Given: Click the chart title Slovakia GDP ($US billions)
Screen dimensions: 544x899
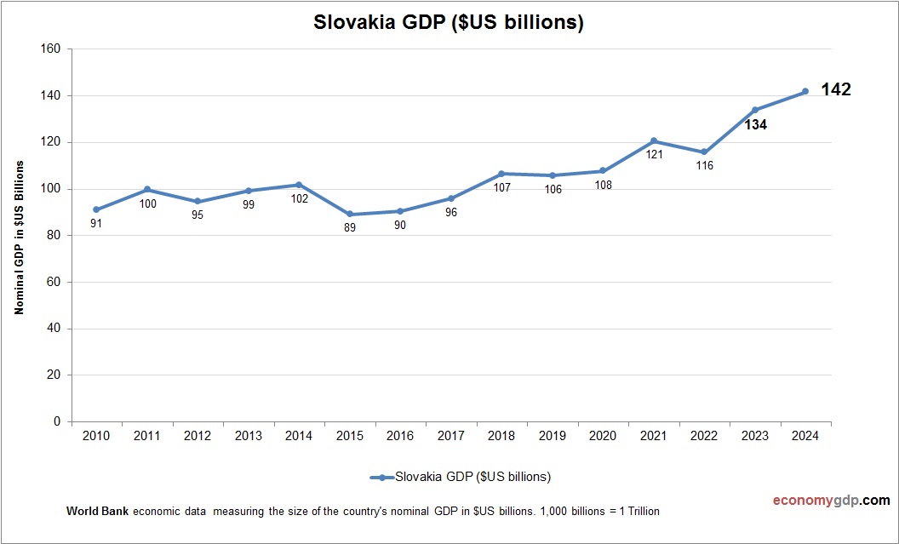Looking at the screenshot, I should (x=449, y=23).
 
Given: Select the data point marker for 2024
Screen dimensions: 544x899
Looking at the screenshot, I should (x=805, y=91).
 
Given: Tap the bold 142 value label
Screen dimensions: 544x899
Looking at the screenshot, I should (x=836, y=89).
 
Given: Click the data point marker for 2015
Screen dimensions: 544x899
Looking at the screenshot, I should (x=350, y=215).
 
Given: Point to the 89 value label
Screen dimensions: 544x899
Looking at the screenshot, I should (x=350, y=228).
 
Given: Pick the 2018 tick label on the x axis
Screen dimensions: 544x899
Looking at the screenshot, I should (x=501, y=436).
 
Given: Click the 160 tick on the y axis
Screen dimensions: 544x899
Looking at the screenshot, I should (x=51, y=49).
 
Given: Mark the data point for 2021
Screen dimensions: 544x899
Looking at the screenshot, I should (x=653, y=140).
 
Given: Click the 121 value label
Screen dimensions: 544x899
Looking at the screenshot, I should (x=654, y=155).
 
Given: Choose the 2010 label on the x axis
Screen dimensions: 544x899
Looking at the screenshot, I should (x=96, y=436).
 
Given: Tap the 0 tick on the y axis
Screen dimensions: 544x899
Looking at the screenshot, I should (x=57, y=421).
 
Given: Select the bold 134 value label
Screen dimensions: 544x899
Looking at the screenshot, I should (x=755, y=125).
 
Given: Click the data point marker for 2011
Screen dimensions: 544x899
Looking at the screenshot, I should (x=147, y=189).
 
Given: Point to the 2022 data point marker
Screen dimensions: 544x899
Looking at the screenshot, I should (x=704, y=152).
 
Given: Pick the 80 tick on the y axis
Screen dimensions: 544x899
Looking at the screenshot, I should (x=54, y=236).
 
